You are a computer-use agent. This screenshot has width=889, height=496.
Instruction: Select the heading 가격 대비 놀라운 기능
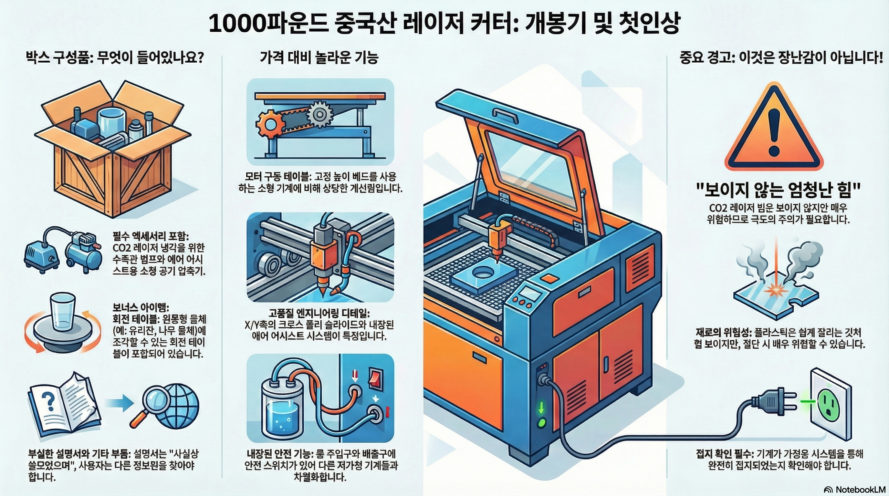(319, 57)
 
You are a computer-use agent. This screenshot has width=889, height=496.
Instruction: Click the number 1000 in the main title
(238, 24)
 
